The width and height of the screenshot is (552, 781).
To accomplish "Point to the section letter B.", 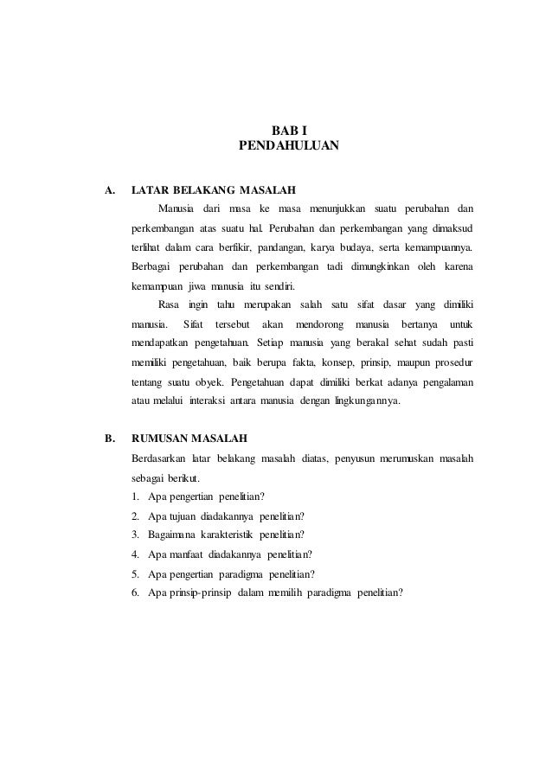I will pos(109,437).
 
